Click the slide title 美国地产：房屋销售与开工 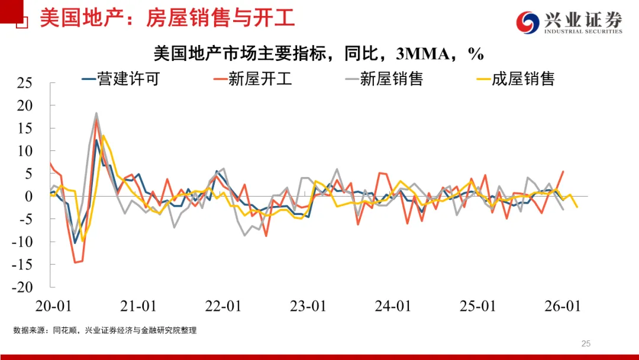(x=167, y=18)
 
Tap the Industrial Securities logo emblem (x=528, y=22)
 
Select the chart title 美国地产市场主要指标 (x=319, y=54)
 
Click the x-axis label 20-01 (x=53, y=306)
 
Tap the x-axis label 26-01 (x=561, y=306)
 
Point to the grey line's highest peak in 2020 (x=96, y=113)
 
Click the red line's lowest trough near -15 (x=75, y=262)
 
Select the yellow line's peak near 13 (x=104, y=136)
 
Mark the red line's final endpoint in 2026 (x=563, y=171)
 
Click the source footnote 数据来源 (x=105, y=330)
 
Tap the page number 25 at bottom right (x=586, y=343)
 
